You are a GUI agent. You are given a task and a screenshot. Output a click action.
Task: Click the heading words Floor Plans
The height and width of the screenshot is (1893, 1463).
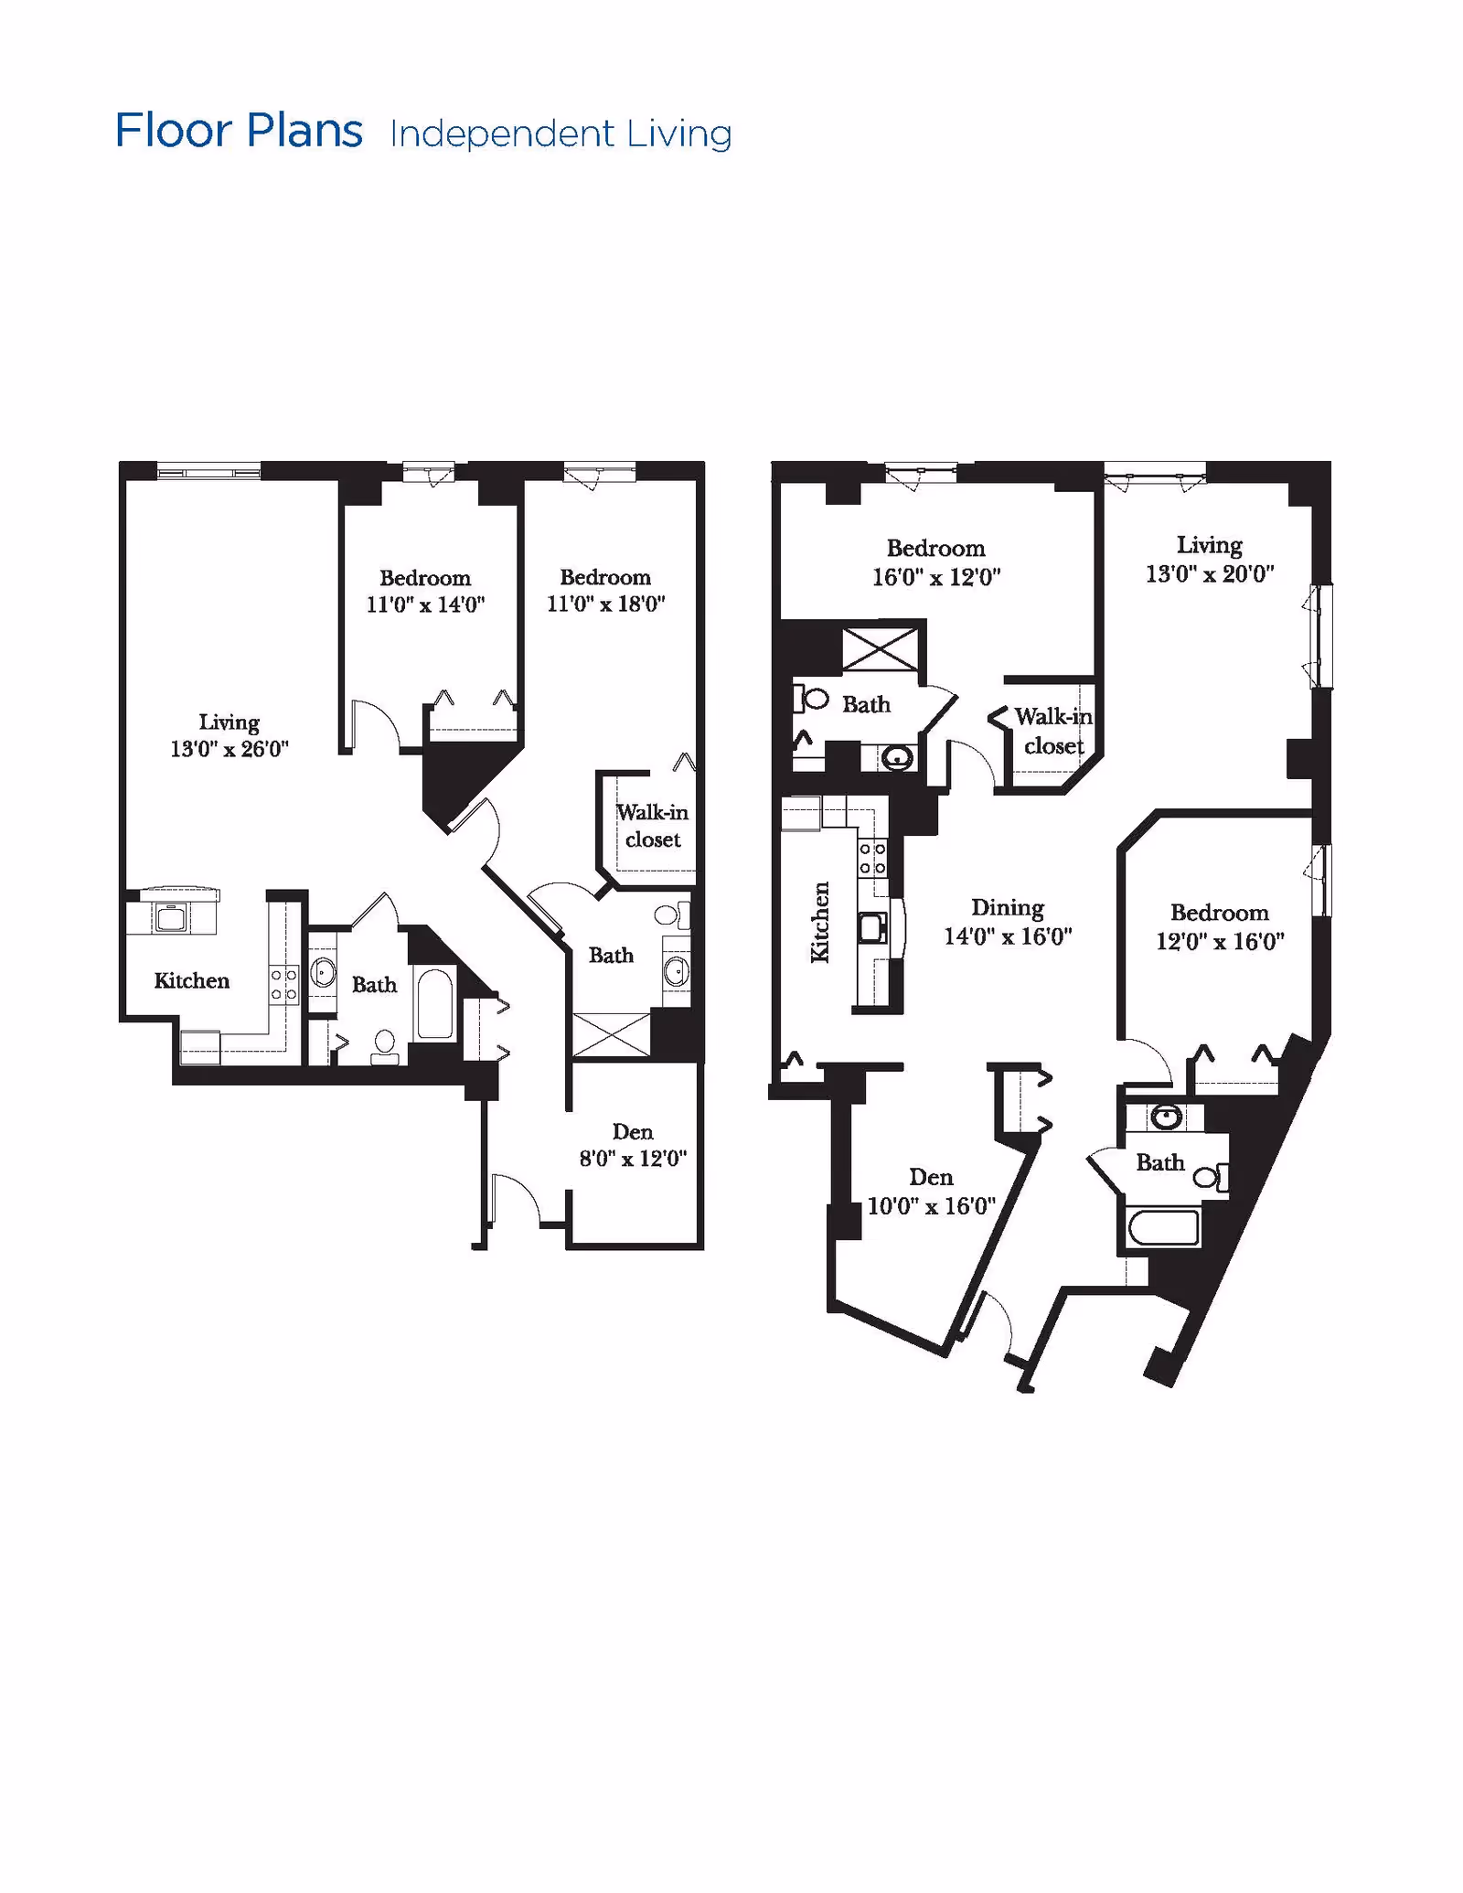[239, 131]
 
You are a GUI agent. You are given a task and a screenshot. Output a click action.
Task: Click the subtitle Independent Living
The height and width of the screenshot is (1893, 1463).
[561, 134]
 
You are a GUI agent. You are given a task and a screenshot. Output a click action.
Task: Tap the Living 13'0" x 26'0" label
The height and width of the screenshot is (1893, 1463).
[230, 735]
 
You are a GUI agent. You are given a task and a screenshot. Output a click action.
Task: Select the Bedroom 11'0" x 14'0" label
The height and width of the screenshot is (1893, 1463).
[425, 591]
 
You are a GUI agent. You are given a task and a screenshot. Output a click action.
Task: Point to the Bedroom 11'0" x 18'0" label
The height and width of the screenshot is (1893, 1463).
[605, 590]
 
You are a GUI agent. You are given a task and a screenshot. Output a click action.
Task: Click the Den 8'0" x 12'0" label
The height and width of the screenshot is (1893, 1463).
[633, 1145]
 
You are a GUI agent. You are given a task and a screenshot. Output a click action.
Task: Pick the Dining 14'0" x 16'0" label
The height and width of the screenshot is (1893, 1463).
[1008, 921]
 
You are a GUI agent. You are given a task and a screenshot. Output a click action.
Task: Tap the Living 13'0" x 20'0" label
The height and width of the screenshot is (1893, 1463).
[1210, 559]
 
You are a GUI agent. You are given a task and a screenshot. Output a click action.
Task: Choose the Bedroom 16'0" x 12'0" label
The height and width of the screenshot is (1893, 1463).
[936, 562]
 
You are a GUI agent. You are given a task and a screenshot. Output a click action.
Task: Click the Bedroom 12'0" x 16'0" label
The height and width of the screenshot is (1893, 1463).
[1220, 926]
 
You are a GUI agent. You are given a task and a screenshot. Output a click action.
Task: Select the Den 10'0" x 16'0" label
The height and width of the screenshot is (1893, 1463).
[931, 1191]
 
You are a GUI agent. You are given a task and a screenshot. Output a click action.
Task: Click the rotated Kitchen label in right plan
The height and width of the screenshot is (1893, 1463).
[820, 922]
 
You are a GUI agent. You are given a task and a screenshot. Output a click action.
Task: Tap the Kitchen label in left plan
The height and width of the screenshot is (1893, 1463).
[191, 980]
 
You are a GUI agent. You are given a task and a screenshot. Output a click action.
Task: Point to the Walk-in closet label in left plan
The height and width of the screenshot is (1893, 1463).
[653, 826]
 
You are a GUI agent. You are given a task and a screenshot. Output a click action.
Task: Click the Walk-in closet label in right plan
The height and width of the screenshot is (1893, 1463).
[1053, 731]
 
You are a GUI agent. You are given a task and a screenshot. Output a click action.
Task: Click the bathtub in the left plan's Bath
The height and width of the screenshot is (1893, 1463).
[435, 1004]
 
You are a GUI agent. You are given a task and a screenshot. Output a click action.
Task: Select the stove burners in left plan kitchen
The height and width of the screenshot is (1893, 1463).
[283, 985]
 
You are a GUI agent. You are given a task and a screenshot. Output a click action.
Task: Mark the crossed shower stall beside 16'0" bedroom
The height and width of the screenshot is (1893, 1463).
[880, 649]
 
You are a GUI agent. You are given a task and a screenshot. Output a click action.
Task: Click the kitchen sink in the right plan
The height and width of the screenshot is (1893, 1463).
[872, 927]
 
